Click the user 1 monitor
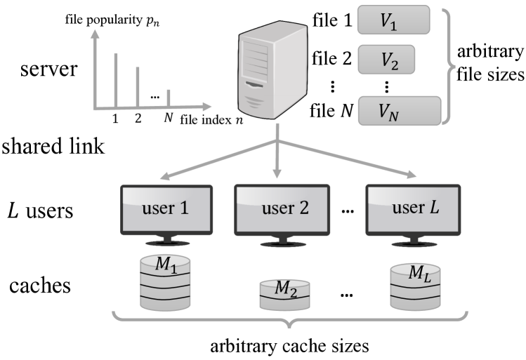[166, 211]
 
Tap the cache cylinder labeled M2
[282, 293]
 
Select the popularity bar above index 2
[138, 87]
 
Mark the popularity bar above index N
[168, 98]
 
